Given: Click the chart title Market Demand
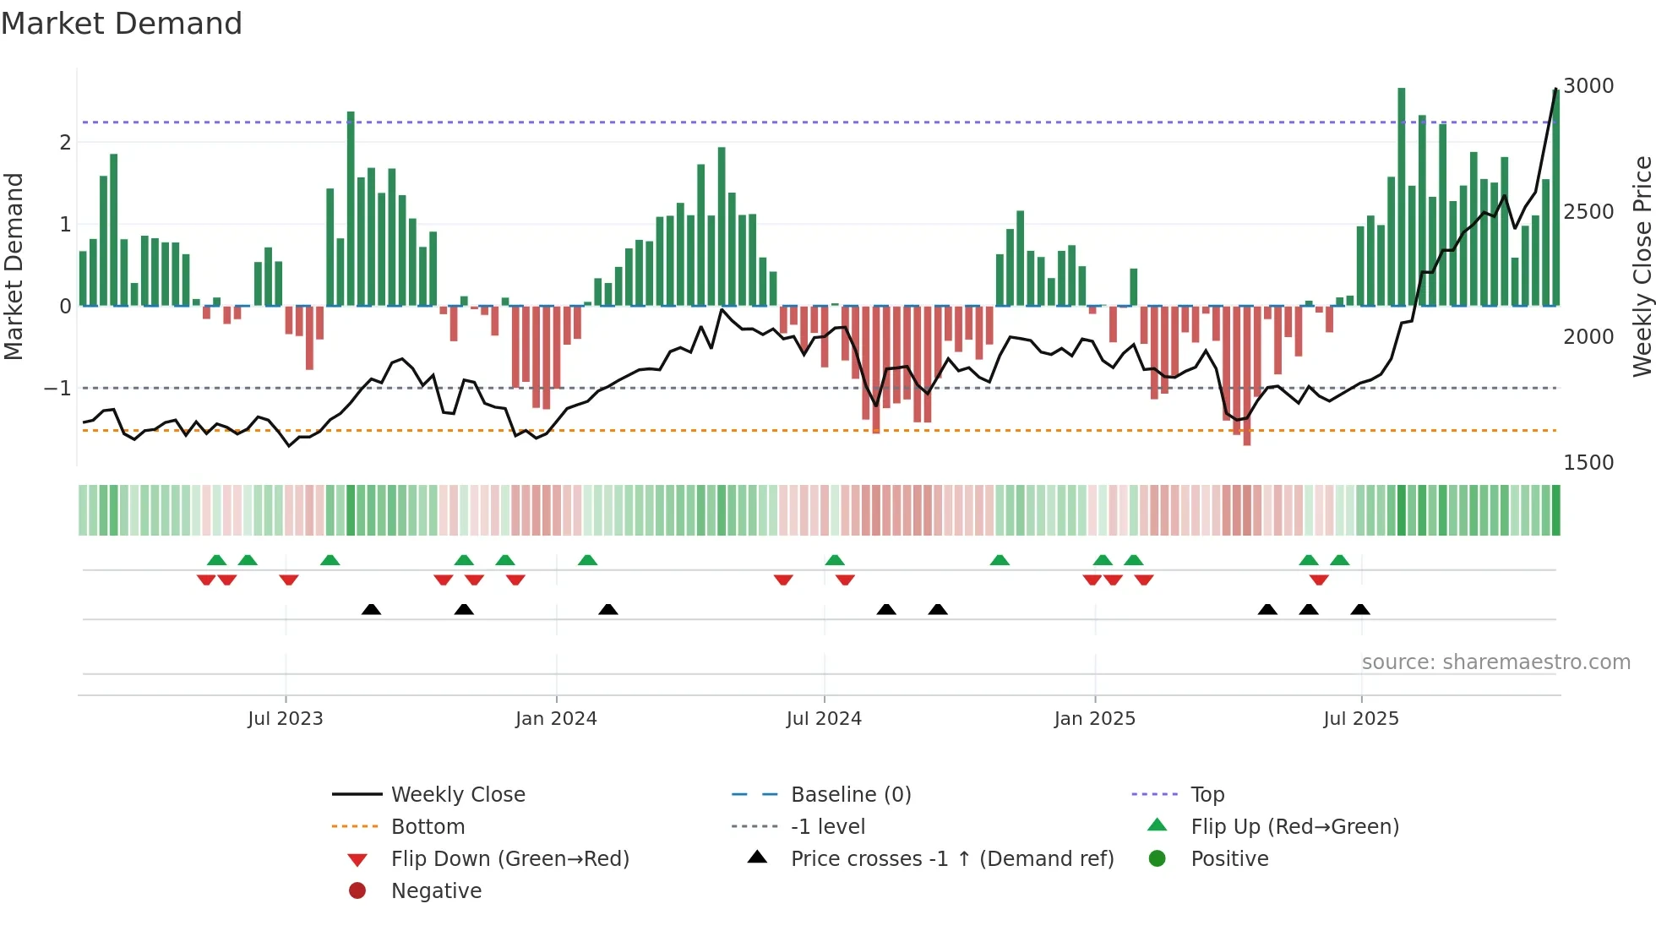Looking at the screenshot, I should (x=122, y=24).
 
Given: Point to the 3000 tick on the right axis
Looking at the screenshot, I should (x=1588, y=86).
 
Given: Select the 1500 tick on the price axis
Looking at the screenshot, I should (x=1588, y=463).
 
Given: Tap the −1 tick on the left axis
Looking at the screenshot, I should (x=57, y=389).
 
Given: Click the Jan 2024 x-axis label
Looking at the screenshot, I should (x=556, y=719).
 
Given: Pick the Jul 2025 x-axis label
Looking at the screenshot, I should (x=1361, y=719).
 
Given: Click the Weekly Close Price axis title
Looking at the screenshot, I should (x=1642, y=266).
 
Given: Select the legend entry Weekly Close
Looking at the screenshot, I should (x=458, y=795).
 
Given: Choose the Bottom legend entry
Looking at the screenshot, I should (x=428, y=827).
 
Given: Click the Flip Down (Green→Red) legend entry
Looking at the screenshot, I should (x=509, y=859).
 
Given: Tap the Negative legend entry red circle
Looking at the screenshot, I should (x=357, y=891).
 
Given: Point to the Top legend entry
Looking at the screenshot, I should (x=1207, y=795).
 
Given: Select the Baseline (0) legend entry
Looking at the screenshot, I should (x=851, y=795).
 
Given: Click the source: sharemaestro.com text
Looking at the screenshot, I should (x=1495, y=662).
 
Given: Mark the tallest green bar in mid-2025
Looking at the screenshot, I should (x=1402, y=194).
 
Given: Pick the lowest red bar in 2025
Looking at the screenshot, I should (x=1247, y=376).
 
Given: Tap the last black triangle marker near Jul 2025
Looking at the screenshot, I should (x=1360, y=610).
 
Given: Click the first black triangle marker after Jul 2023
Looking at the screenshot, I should (x=371, y=610).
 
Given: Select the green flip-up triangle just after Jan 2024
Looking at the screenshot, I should (x=588, y=560).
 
